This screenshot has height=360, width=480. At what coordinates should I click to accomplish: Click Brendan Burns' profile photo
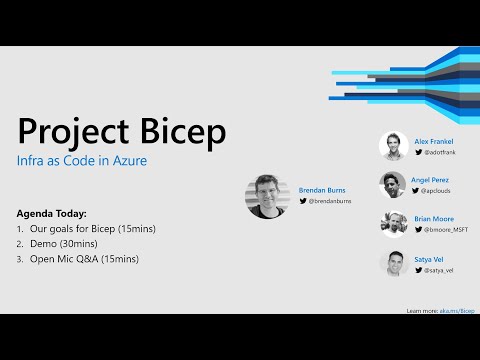click(x=266, y=197)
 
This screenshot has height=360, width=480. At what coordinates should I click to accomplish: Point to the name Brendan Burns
click(x=321, y=189)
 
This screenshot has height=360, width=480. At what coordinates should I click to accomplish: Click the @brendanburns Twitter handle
click(x=327, y=202)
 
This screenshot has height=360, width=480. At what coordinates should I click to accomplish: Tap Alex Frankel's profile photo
click(x=393, y=147)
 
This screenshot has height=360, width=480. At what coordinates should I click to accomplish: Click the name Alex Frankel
click(x=434, y=142)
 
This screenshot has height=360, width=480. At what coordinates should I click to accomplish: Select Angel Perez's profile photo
click(x=393, y=185)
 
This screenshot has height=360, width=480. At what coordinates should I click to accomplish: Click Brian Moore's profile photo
click(x=393, y=224)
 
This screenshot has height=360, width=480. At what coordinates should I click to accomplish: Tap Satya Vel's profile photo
click(x=393, y=264)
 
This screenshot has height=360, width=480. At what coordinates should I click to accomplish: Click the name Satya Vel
click(x=429, y=258)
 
